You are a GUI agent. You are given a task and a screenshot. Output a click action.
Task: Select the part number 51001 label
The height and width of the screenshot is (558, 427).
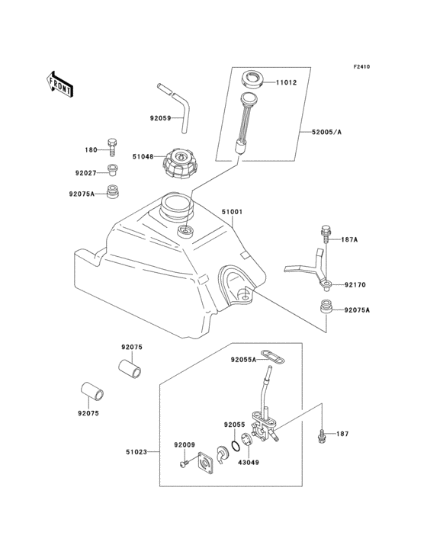pyautogui.click(x=233, y=212)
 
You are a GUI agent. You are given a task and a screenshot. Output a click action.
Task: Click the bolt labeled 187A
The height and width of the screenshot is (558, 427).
pyautogui.click(x=326, y=232)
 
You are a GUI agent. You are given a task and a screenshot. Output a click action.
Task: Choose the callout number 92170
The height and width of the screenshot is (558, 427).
pyautogui.click(x=355, y=285)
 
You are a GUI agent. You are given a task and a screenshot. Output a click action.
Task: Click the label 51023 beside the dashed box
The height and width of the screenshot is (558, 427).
pyautogui.click(x=140, y=452)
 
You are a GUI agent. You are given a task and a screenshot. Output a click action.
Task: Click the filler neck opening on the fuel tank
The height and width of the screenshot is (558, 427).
pyautogui.click(x=175, y=205)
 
